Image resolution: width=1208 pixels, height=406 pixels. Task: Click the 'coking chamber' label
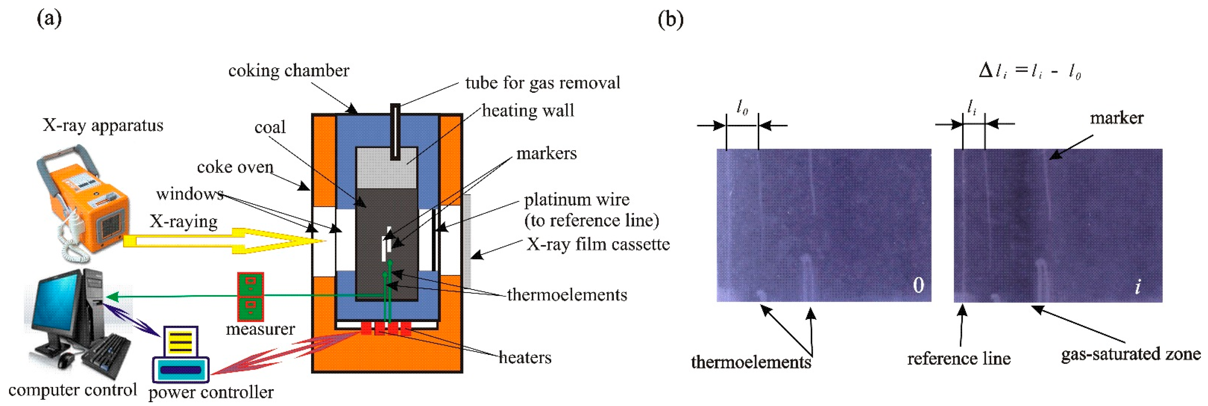coord(288,71)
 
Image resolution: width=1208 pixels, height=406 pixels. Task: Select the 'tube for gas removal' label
coord(542,83)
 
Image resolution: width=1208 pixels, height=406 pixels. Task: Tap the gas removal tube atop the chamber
coord(395,131)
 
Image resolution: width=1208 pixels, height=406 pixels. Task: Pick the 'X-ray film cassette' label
coord(598,245)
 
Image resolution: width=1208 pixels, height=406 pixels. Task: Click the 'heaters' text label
coord(525,358)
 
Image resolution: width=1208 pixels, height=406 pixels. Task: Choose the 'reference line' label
coord(959,359)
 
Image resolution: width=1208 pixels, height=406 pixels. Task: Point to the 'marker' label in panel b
coord(1116,118)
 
